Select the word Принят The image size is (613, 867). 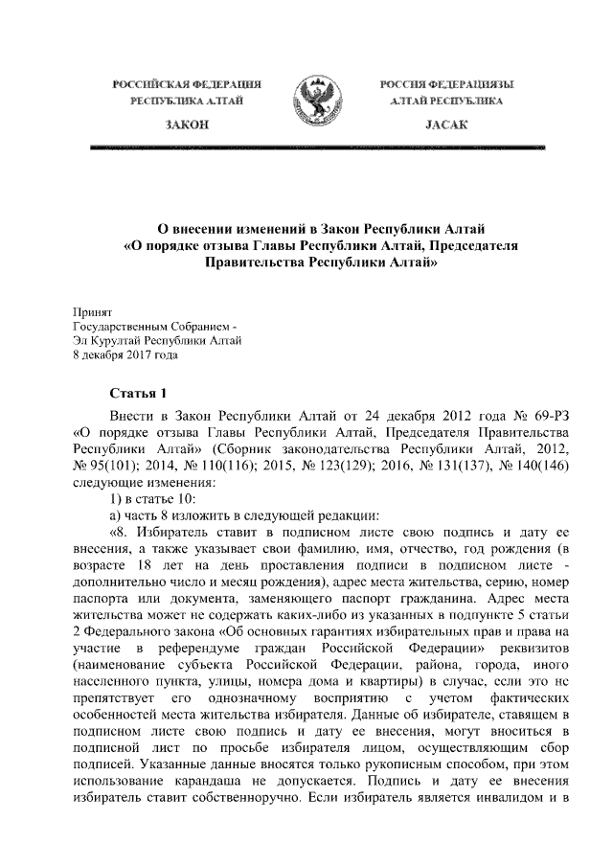tap(93, 311)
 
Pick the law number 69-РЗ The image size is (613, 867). tap(552, 418)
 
